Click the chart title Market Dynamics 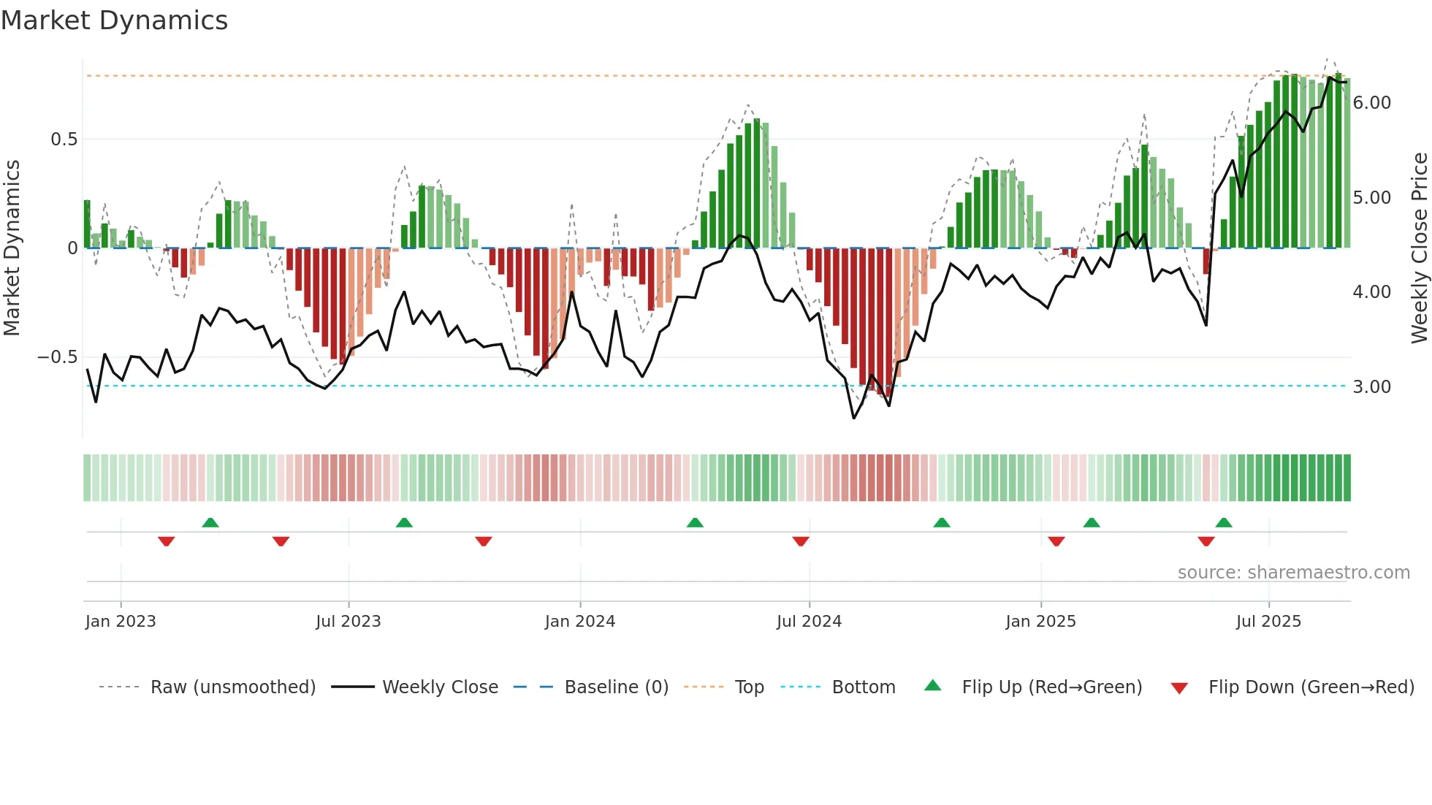(x=115, y=20)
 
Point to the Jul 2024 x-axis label (x=809, y=621)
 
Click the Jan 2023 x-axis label (x=121, y=621)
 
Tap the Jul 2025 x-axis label (x=1268, y=621)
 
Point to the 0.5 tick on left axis (x=64, y=139)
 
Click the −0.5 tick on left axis (x=57, y=356)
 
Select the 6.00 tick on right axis (x=1371, y=102)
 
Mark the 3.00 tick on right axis (x=1371, y=386)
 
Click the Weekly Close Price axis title (x=1419, y=248)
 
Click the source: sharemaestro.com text (x=1293, y=572)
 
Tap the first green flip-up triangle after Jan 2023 (x=210, y=522)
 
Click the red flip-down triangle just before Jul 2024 (x=801, y=541)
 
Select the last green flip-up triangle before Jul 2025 (x=1224, y=522)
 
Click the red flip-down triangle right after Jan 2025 (x=1056, y=541)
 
